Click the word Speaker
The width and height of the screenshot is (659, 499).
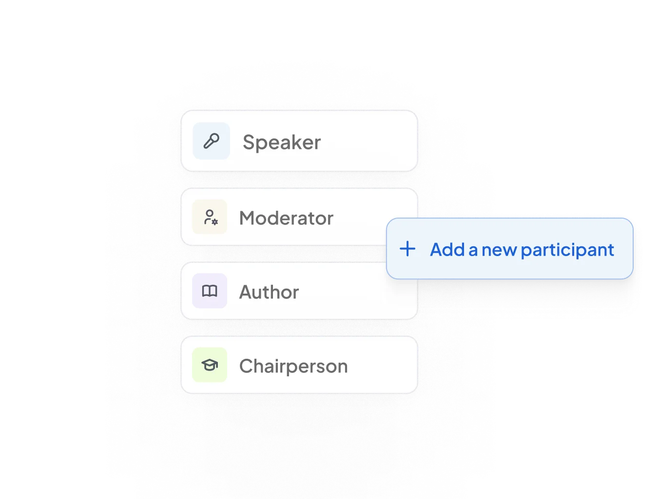pos(282,142)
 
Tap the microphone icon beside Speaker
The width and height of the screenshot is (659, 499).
pos(211,141)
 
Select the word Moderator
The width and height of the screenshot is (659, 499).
pos(286,218)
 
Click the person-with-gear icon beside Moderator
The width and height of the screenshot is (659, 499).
pos(210,217)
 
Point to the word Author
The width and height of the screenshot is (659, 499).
pos(269,292)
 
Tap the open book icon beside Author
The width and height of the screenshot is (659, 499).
pos(210,291)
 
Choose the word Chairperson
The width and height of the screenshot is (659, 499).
pos(293,366)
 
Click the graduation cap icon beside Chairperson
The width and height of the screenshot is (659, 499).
pos(210,365)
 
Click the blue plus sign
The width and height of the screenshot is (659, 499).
pos(407,249)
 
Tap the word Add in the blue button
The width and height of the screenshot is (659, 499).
pos(447,250)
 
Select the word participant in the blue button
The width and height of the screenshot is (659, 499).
pos(567,250)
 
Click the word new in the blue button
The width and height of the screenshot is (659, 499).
pos(500,250)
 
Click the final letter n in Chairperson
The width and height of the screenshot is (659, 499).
pos(342,367)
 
